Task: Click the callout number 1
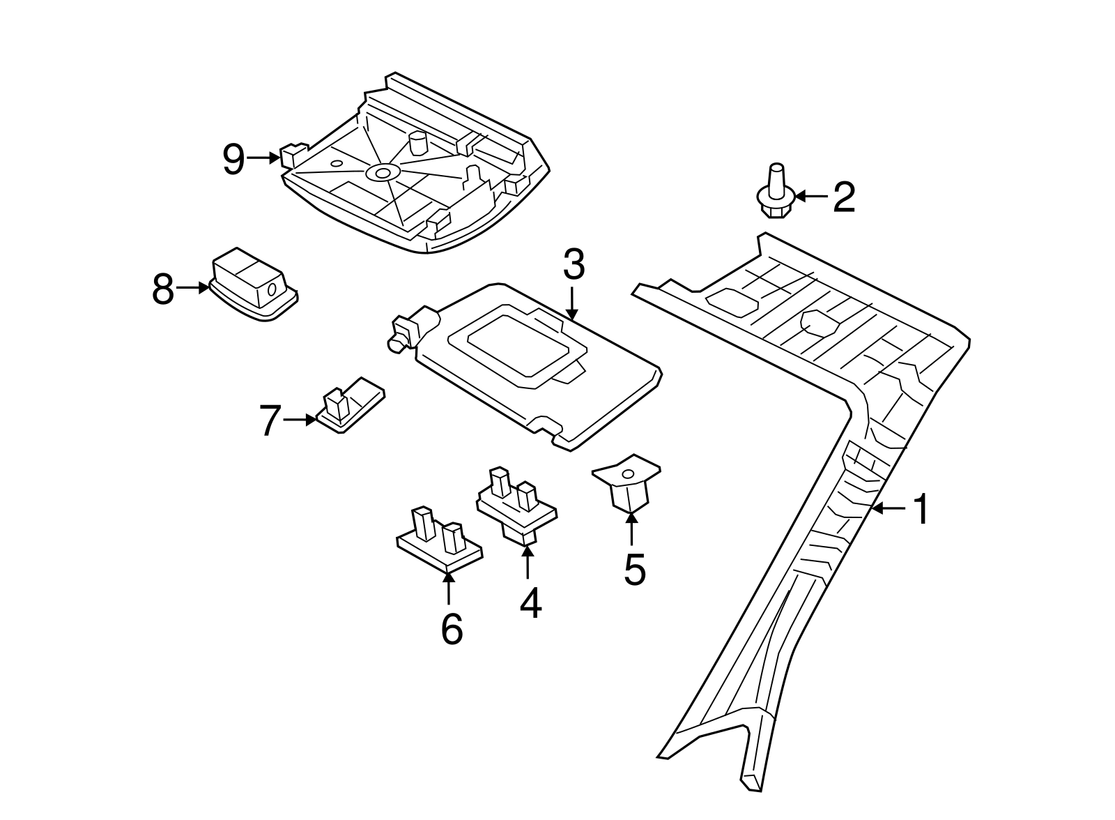click(x=921, y=510)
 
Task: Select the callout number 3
click(x=574, y=265)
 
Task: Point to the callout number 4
click(x=530, y=603)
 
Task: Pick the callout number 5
click(x=634, y=569)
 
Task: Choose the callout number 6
click(x=452, y=630)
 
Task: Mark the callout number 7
click(x=270, y=420)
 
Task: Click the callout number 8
click(x=162, y=289)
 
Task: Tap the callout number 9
click(x=234, y=160)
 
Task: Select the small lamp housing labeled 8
click(x=254, y=285)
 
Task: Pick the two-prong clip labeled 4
click(x=516, y=503)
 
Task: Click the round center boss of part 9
click(x=382, y=172)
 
